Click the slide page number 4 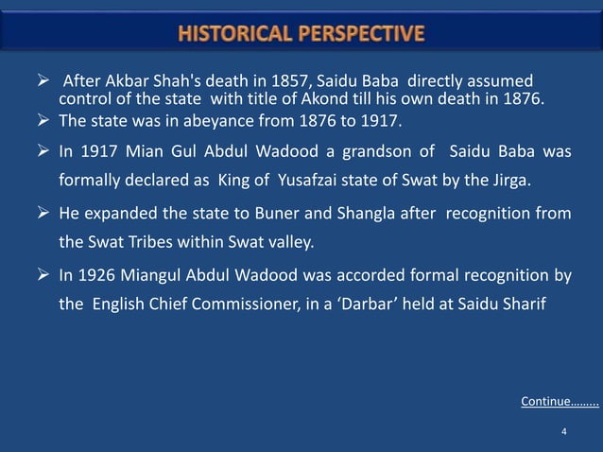(x=563, y=431)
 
